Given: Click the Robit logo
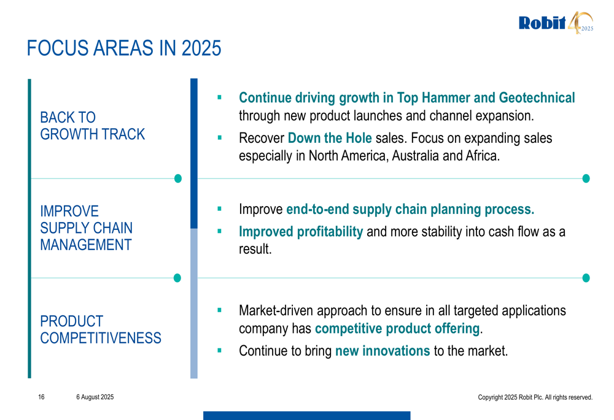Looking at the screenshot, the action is tap(556, 23).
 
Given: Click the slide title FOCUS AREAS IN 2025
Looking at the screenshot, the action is tap(124, 48).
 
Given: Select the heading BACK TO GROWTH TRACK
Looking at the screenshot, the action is tap(93, 126).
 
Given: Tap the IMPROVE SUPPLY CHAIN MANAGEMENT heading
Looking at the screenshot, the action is tap(86, 228).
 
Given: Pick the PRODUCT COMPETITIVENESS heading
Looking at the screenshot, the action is tap(101, 330).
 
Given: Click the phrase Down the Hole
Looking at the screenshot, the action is tap(330, 138).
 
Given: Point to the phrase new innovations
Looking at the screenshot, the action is tap(383, 351).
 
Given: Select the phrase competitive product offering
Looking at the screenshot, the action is tap(397, 329).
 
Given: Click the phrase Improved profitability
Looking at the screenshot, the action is tap(301, 232).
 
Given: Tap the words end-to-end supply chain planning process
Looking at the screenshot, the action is tap(410, 209).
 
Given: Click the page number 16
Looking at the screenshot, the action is tap(41, 397).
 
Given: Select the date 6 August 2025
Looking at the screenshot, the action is tap(95, 397).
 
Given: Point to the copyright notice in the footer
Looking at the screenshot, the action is tap(535, 397).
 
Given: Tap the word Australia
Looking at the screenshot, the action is tap(416, 156).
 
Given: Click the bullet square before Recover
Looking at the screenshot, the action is tap(219, 138).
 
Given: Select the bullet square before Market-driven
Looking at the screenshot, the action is tap(219, 310).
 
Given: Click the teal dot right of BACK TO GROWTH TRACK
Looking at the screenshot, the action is tap(178, 178).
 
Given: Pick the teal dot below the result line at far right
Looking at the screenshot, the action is tap(586, 278).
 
